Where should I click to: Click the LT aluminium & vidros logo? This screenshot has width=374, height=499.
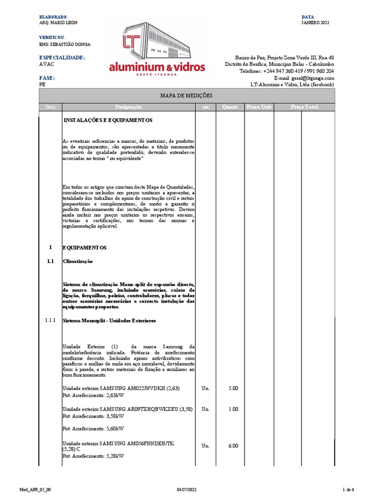coord(157,49)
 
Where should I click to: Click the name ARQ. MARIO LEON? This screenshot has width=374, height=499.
coord(58,23)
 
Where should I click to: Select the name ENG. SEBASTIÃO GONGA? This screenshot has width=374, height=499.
coord(64,44)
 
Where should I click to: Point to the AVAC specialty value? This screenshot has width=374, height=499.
coord(46,64)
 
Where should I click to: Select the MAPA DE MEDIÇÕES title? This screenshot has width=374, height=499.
coord(187,96)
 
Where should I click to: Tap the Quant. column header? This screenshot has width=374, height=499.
coord(229,107)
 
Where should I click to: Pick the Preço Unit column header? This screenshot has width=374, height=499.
coord(259,107)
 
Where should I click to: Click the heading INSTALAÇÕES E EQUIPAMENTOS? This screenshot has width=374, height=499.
coord(108,120)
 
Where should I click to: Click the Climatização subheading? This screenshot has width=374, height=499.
coord(77,261)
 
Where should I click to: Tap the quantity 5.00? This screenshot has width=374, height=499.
coord(233,388)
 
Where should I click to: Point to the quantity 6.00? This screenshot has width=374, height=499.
coord(233,446)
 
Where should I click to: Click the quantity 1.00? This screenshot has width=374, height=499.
coord(233,409)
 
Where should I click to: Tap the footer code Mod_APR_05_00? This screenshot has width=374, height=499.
coord(35,489)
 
